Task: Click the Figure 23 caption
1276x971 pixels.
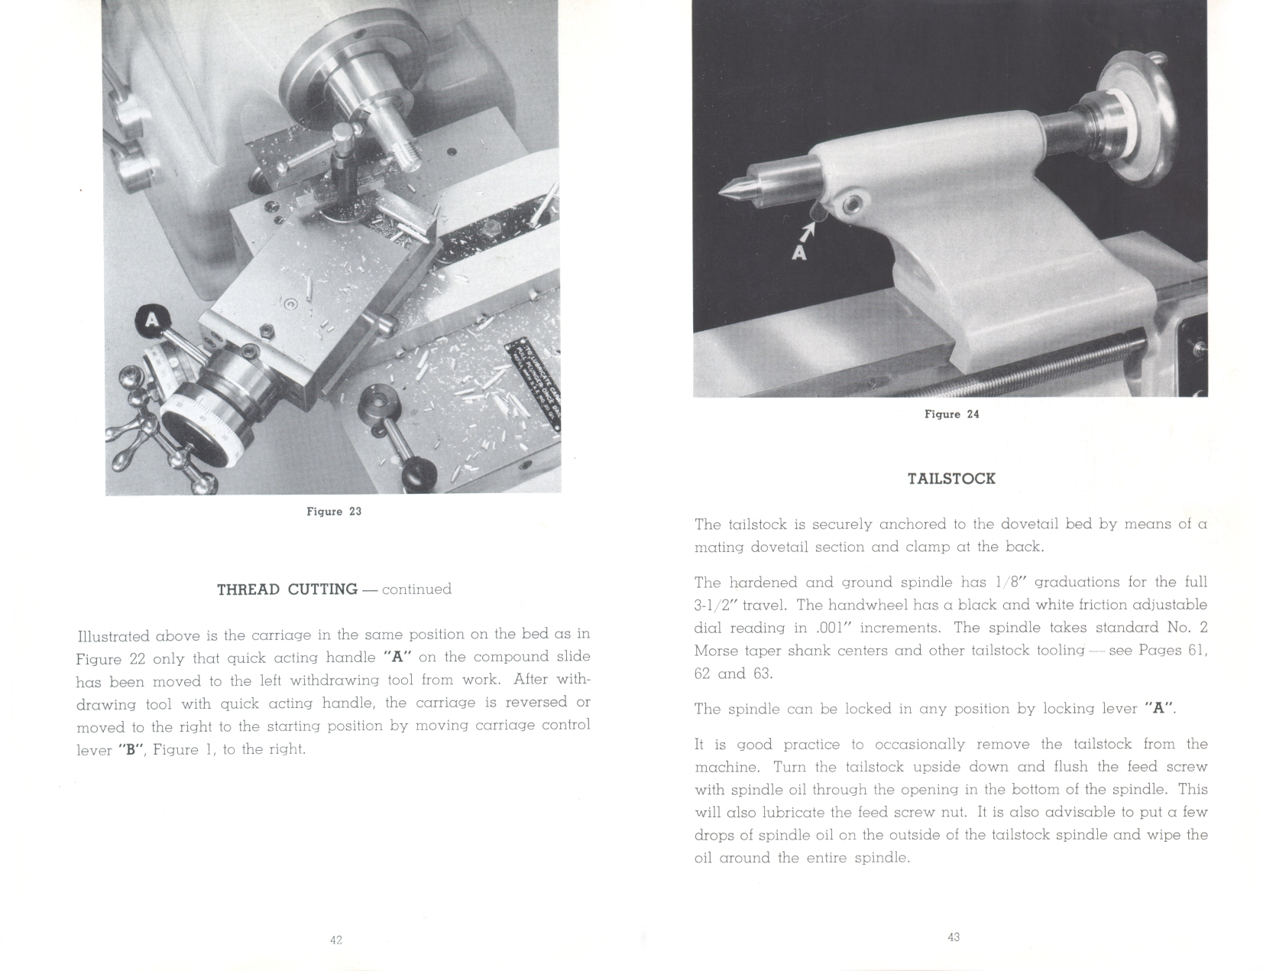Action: click(x=334, y=511)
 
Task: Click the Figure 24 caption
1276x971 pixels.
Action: click(x=951, y=414)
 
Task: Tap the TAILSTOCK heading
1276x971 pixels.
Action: click(x=951, y=479)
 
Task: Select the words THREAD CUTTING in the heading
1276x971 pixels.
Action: click(x=287, y=589)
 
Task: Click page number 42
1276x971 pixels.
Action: click(x=336, y=940)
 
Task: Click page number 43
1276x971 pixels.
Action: click(x=954, y=937)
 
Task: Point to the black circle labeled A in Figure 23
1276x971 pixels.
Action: click(x=153, y=321)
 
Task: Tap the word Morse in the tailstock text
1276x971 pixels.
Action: click(x=717, y=651)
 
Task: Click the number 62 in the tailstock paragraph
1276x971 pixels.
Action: click(x=704, y=674)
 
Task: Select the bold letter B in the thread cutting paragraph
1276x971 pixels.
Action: click(x=130, y=750)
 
